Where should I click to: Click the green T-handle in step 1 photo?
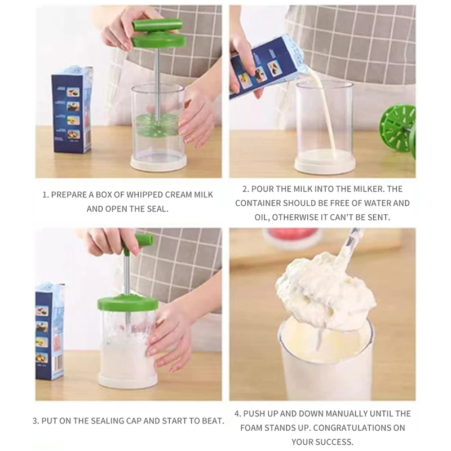click(x=157, y=26)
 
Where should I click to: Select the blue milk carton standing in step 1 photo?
click(x=72, y=109)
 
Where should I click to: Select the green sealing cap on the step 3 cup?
click(x=127, y=303)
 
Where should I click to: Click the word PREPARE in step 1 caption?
click(x=69, y=194)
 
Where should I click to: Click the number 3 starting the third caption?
click(x=35, y=421)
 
